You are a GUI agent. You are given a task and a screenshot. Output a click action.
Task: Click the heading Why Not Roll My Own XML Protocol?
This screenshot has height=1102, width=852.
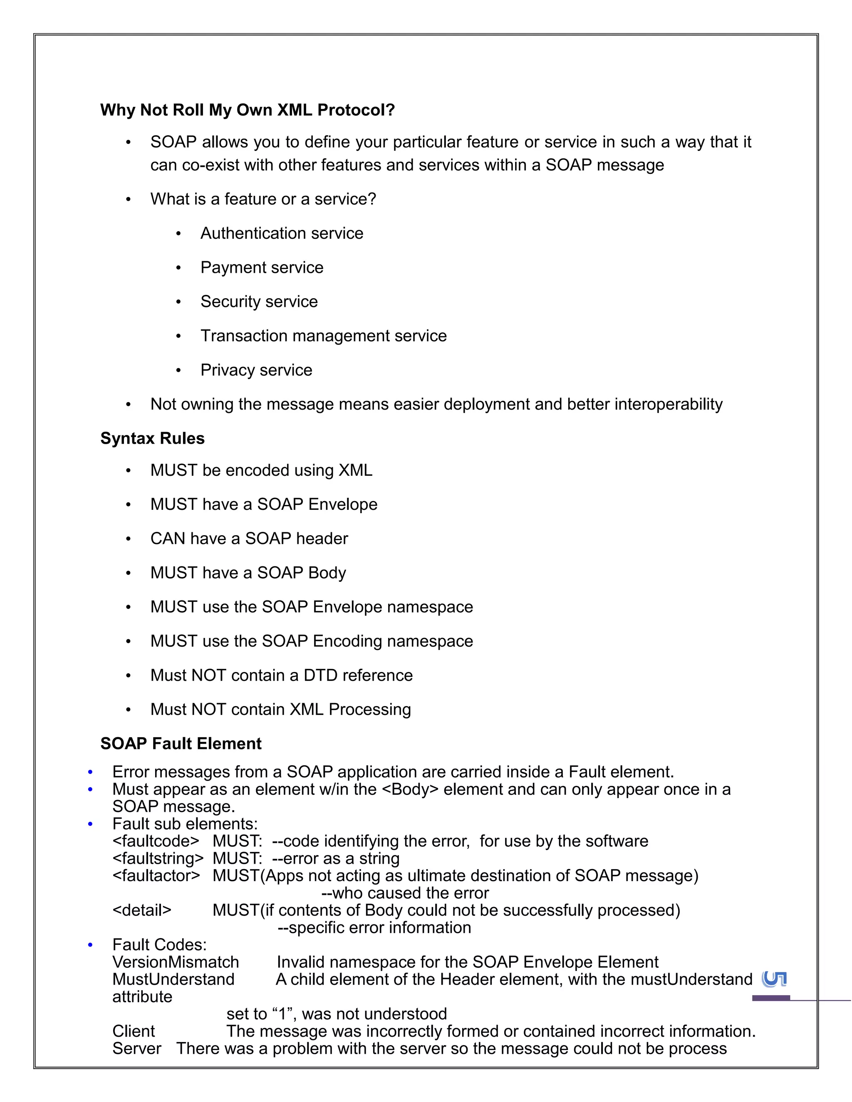point(248,110)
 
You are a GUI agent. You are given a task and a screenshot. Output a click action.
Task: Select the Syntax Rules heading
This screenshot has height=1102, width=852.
point(152,438)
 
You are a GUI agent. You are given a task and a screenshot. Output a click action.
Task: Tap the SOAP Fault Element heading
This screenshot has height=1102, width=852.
point(181,743)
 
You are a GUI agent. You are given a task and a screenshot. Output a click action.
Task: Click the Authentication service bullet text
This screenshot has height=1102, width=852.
point(282,233)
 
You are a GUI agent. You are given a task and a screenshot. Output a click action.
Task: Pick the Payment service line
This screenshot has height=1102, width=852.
point(261,267)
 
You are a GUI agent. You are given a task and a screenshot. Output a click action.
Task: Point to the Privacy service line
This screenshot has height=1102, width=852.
point(256,370)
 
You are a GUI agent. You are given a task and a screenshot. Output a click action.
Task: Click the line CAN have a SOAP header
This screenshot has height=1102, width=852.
point(249,539)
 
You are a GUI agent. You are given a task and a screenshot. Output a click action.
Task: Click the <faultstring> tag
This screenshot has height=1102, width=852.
point(158,858)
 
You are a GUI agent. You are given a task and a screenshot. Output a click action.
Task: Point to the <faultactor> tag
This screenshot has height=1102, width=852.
point(156,875)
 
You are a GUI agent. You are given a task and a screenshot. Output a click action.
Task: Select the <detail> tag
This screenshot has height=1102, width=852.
point(142,910)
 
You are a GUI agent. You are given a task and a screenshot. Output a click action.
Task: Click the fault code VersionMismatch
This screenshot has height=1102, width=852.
point(176,962)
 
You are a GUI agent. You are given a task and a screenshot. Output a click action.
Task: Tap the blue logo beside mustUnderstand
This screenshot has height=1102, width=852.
point(774,979)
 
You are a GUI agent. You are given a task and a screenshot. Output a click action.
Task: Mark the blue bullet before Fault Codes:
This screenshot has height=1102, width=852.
point(90,944)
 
